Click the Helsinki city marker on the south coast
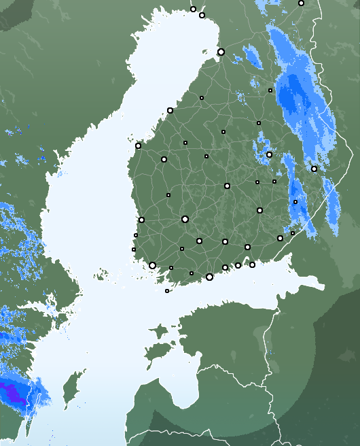coord(209,277)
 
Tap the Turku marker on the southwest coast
coord(152,265)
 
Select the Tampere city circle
coord(185,219)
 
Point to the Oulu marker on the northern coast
coord(221,52)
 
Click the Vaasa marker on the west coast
coord(138,145)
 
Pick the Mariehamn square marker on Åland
coord(167,291)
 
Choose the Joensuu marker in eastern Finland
coord(314,169)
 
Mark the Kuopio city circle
coord(269,154)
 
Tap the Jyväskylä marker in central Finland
coord(227,186)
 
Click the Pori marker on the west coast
coord(141,220)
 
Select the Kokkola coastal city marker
coord(170,110)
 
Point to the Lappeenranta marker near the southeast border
coord(280,238)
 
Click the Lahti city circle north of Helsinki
coord(225,241)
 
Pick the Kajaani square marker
coord(270,90)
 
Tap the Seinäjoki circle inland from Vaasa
coord(164,159)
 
